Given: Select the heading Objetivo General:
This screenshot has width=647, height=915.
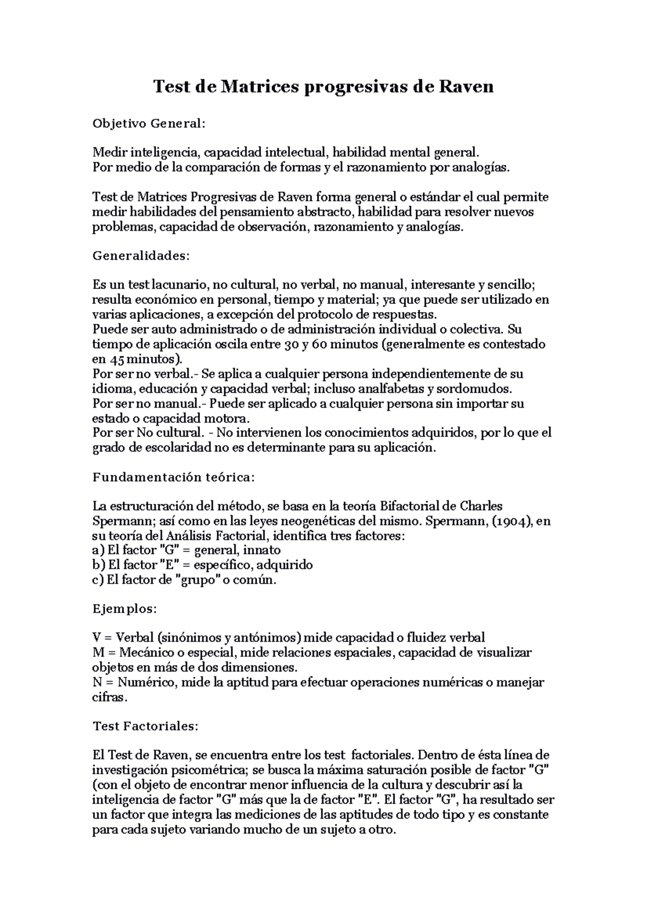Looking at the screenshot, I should coord(149,124).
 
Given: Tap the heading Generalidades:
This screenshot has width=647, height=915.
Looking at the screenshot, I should coord(141,256).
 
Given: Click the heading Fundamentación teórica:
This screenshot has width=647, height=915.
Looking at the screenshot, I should coord(173,477).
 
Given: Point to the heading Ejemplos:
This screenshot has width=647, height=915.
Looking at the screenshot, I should coord(125,609).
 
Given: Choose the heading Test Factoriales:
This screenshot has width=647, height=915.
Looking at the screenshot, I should coord(146,726).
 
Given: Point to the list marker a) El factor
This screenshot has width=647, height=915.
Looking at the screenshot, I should coord(99,551).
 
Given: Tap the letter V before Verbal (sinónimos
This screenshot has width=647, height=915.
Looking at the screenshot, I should coord(98,638).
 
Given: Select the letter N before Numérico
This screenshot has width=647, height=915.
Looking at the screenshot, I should coord(98,683).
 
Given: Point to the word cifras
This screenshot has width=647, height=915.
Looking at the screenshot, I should coord(109,698).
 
